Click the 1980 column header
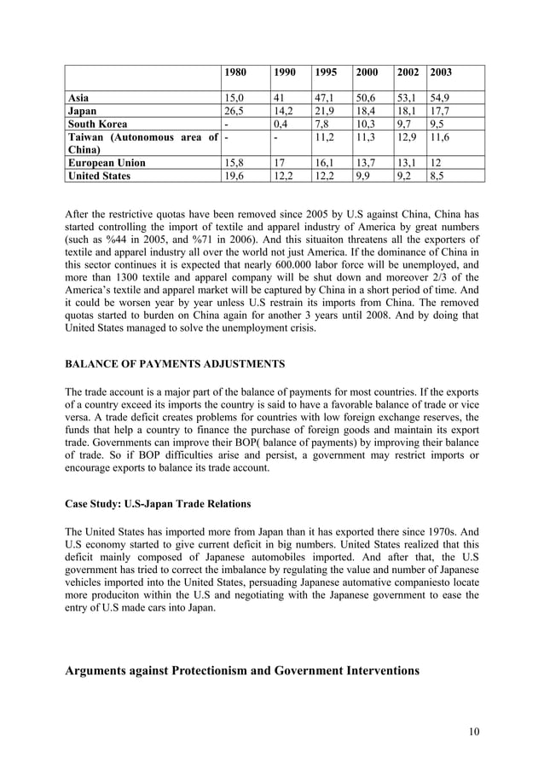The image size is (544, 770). click(234, 73)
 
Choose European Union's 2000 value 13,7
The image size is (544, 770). click(366, 162)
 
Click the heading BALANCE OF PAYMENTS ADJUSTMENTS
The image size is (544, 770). click(175, 364)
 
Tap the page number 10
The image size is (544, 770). click(472, 731)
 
